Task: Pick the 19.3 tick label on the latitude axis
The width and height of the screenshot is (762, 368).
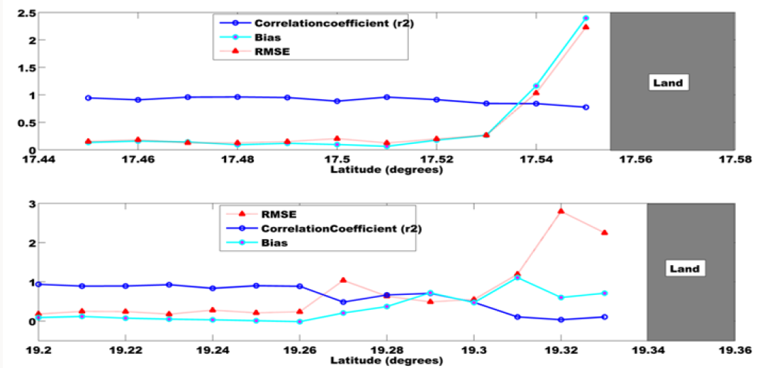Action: [x=474, y=350]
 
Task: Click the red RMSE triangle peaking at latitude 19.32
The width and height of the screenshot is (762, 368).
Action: [x=561, y=211]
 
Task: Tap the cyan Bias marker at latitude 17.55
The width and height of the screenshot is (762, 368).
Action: [x=585, y=18]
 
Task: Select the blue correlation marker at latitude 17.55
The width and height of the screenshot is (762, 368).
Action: [x=585, y=107]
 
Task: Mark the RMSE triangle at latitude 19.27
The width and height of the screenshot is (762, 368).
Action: [x=343, y=280]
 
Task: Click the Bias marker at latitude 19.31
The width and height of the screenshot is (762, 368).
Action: [x=517, y=277]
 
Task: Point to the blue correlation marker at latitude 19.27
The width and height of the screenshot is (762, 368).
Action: [x=343, y=302]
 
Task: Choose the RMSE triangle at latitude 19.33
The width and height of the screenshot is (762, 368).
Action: [x=605, y=233]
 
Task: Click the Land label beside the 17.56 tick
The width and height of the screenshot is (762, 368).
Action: [x=667, y=83]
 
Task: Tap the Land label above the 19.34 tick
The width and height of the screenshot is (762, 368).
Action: [x=684, y=269]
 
